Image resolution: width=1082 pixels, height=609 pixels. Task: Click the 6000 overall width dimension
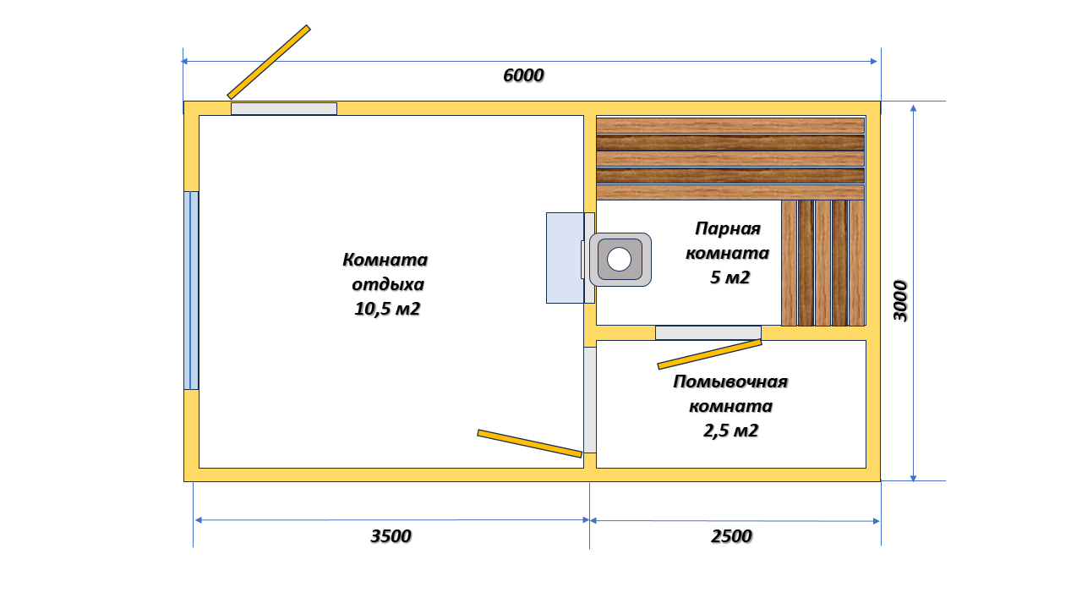523,75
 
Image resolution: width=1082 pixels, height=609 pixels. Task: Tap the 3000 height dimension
900,300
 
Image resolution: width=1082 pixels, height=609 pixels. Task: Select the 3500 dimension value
391,536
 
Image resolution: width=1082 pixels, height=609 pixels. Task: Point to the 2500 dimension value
731,536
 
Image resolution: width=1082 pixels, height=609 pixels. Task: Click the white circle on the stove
619,260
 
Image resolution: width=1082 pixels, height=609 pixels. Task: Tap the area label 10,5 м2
387,309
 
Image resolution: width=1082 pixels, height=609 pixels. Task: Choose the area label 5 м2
730,277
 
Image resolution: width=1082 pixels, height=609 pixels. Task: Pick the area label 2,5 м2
730,431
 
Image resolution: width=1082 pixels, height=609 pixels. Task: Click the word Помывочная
730,381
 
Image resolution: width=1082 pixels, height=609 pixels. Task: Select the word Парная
728,228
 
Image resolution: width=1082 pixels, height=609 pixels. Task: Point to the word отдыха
388,284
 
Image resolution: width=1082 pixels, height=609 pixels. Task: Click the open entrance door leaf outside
269,63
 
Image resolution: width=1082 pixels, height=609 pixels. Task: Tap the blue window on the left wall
191,290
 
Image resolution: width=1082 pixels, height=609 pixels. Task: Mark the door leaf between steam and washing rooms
709,354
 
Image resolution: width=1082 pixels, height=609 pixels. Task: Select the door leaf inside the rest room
530,443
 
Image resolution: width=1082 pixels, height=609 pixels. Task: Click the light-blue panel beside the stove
565,258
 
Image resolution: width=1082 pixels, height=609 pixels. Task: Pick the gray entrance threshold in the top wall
284,109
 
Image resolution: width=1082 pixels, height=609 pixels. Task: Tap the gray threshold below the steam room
708,332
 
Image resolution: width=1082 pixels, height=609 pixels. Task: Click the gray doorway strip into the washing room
590,400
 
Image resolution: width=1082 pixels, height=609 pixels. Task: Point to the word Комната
385,260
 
